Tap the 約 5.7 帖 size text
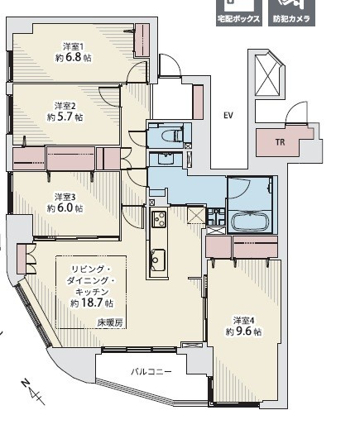point(65,117)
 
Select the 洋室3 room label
point(65,197)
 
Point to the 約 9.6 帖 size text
point(243,331)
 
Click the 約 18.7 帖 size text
point(92,303)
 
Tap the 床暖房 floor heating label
point(110,322)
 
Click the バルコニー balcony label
point(151,371)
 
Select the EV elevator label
point(228,115)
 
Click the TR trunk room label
point(280,142)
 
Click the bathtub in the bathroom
point(251,222)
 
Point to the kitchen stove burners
point(159,219)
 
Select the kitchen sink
point(158,260)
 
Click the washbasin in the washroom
point(166,159)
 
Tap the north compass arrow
point(33,392)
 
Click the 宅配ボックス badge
point(239,13)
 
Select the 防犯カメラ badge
point(291,13)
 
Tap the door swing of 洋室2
point(109,96)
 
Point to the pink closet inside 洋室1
point(142,41)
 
